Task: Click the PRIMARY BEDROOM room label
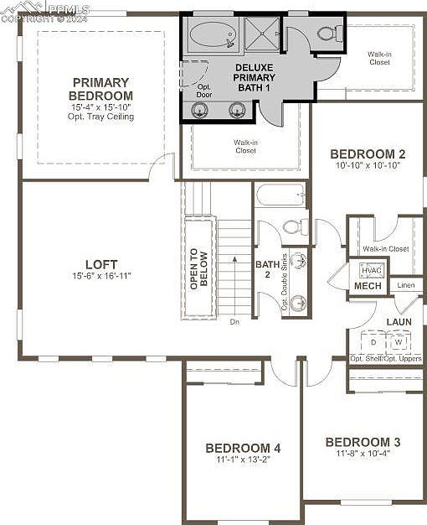[100, 89]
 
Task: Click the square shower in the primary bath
[263, 34]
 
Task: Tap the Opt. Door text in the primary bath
[204, 90]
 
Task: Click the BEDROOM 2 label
[368, 153]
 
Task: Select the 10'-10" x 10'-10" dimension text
[368, 166]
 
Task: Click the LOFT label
[100, 264]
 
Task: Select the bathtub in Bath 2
[280, 195]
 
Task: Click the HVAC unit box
[370, 270]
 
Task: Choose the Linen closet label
[405, 286]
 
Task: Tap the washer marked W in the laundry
[399, 342]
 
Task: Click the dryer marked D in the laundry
[373, 342]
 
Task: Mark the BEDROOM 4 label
[243, 448]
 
